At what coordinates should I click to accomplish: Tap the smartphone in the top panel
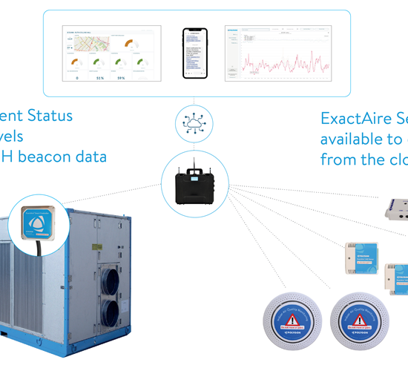194,53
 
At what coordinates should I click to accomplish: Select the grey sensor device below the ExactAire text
394,209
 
